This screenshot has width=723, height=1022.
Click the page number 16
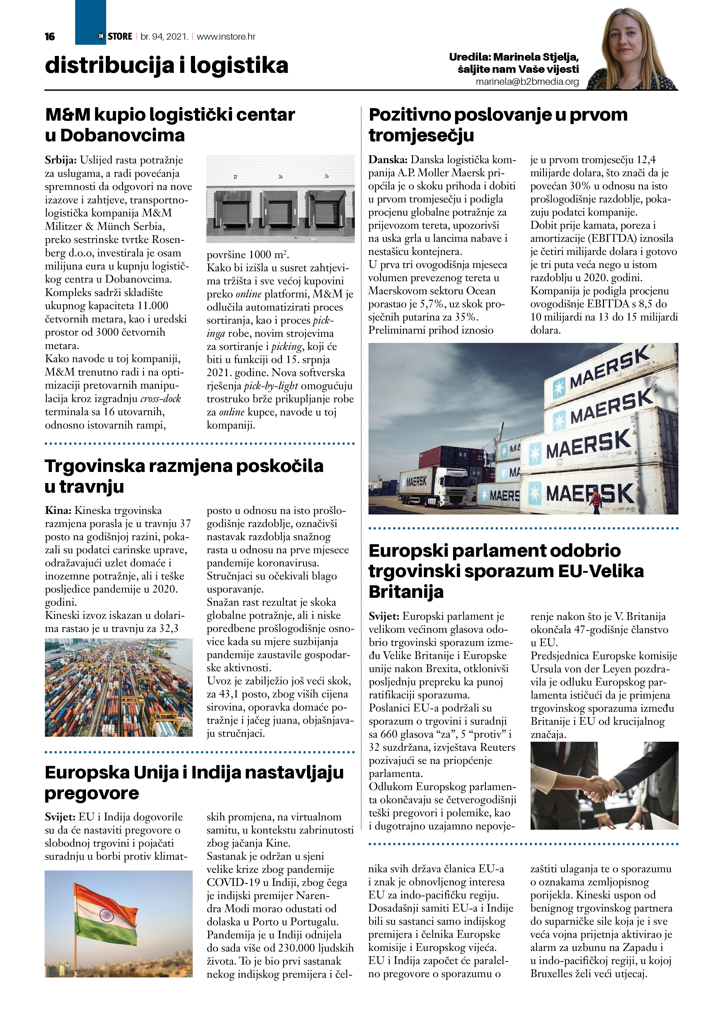click(50, 36)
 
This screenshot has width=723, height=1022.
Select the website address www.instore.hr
click(226, 36)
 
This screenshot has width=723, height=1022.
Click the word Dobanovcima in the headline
click(122, 135)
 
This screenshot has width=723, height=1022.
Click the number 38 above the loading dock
click(281, 177)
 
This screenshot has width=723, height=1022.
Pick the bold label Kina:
click(58, 510)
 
